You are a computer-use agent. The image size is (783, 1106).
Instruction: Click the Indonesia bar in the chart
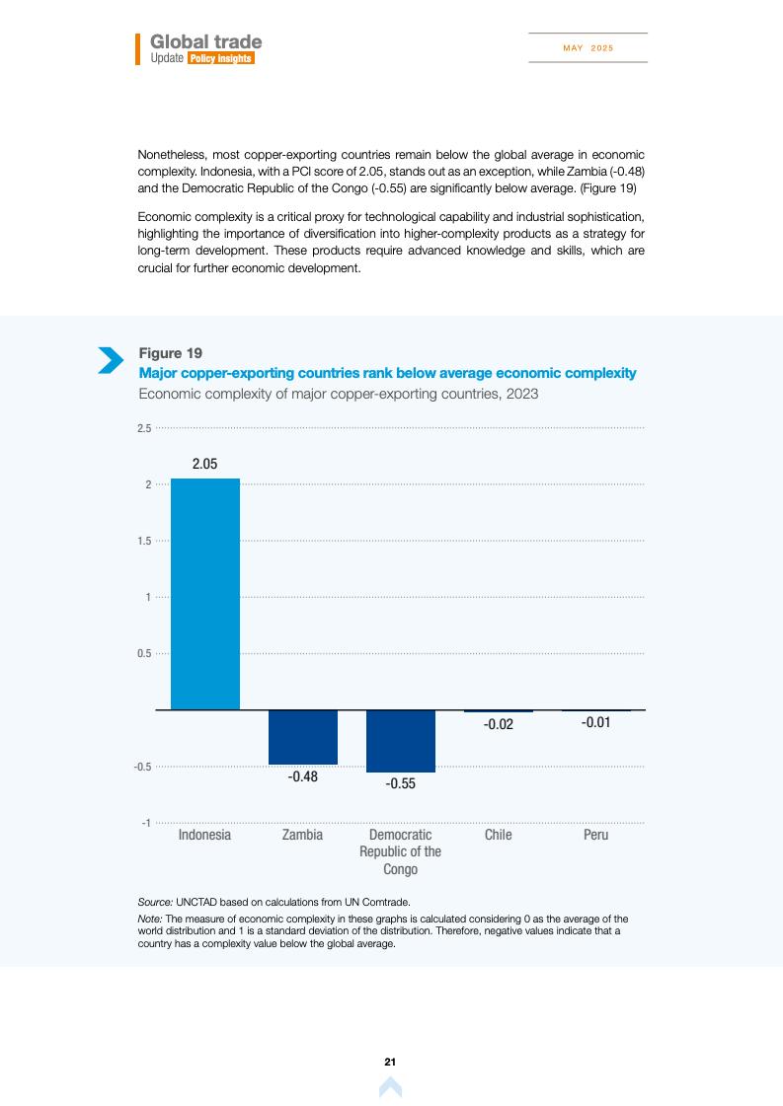205,594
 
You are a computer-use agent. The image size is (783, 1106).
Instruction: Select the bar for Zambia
302,737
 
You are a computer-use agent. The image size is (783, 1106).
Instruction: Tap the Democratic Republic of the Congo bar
400,741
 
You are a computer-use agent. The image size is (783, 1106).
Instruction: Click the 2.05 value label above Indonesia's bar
204,464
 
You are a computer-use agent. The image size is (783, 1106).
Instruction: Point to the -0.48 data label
302,777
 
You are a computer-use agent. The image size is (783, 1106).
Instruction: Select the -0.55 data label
400,784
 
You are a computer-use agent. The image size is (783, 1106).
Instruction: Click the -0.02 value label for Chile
498,724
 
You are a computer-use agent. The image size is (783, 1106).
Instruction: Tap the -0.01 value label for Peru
595,723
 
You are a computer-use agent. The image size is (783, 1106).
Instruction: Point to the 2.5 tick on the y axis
144,428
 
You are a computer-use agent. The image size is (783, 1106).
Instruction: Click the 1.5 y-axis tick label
144,541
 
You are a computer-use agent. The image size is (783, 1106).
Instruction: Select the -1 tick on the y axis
146,823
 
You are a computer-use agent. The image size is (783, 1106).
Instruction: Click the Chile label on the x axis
499,835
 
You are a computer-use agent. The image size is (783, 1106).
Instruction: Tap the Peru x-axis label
595,835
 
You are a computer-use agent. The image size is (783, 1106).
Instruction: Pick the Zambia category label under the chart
302,835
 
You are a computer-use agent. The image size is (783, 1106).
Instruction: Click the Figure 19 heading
170,353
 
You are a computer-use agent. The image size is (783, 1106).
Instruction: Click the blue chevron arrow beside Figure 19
111,360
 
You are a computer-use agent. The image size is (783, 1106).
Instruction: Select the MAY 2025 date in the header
587,48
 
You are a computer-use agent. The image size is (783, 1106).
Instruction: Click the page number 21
390,1062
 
